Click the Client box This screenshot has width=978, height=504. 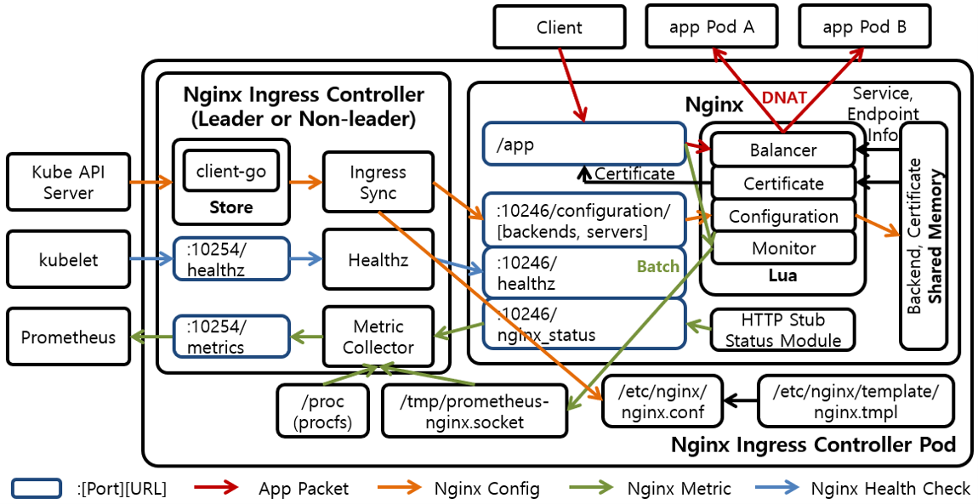pyautogui.click(x=559, y=27)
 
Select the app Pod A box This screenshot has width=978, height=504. pyautogui.click(x=711, y=26)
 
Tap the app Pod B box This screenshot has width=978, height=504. pyautogui.click(x=864, y=26)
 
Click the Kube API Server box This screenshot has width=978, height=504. pyautogui.click(x=68, y=182)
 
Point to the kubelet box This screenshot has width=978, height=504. pyautogui.click(x=68, y=259)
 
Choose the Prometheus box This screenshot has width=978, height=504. pyautogui.click(x=68, y=337)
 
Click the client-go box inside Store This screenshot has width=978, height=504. pyautogui.click(x=230, y=172)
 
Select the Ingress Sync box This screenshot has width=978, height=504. pyautogui.click(x=378, y=182)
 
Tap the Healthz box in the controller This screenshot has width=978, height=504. pyautogui.click(x=378, y=259)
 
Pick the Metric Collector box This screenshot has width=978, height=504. pyautogui.click(x=378, y=337)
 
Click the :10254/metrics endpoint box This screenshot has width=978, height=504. pyautogui.click(x=230, y=337)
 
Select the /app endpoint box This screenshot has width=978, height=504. pyautogui.click(x=583, y=144)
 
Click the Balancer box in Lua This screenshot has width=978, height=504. pyautogui.click(x=782, y=150)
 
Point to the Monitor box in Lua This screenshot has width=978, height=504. pyautogui.click(x=782, y=248)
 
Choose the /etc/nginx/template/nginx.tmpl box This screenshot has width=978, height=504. pyautogui.click(x=856, y=401)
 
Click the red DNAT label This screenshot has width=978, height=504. pyautogui.click(x=783, y=98)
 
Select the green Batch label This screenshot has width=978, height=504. pyautogui.click(x=658, y=266)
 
